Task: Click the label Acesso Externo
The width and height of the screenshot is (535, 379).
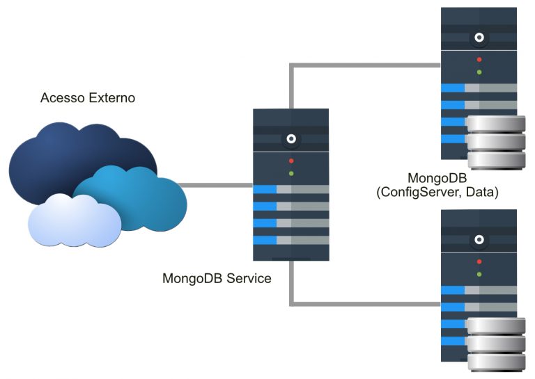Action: coord(88,98)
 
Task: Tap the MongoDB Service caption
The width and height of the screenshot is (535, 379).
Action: coord(217,279)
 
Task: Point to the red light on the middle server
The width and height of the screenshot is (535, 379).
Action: coord(291,161)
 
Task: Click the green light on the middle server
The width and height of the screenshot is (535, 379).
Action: coord(291,173)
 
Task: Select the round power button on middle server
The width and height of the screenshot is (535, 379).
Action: coord(291,139)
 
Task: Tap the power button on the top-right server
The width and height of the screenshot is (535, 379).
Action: coord(479,38)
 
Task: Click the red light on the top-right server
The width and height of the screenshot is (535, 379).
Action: coord(479,60)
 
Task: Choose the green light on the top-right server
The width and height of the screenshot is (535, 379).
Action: coord(479,72)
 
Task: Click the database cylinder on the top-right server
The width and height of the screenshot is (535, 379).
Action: coord(496,143)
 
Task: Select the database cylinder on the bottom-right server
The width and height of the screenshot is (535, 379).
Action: coord(496,345)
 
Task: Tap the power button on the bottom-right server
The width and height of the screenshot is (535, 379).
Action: coord(479,240)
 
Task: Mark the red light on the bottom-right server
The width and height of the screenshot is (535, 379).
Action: coord(479,261)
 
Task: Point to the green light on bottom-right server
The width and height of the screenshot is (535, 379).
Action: coord(479,274)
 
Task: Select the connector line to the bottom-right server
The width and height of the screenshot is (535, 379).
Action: coord(362,303)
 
